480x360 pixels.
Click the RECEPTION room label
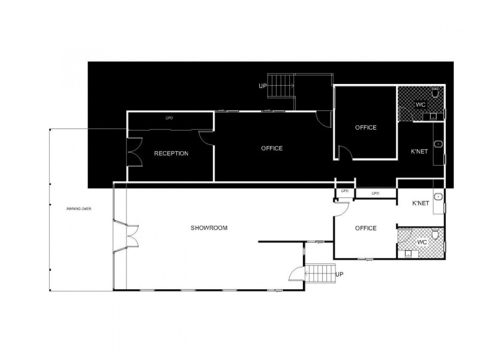click(171, 154)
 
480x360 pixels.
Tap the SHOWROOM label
click(209, 228)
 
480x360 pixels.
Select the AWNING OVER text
click(80, 209)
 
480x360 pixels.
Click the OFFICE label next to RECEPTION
click(272, 148)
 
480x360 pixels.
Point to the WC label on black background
click(421, 105)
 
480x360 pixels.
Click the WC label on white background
click(421, 242)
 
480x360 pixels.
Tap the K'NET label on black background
click(419, 152)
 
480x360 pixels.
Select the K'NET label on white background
click(421, 204)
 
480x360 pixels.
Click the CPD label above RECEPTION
click(169, 118)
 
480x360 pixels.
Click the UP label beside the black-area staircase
click(262, 86)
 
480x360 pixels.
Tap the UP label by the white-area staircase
click(340, 274)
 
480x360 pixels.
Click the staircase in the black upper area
click(281, 86)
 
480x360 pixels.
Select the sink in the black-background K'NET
click(439, 144)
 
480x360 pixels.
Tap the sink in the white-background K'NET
click(439, 197)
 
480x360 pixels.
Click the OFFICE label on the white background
click(365, 228)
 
